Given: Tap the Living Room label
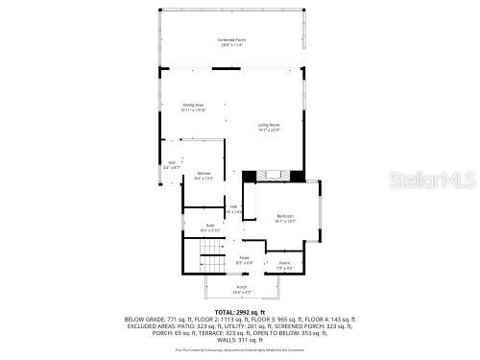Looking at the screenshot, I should click(268, 125).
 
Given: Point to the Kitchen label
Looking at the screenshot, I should click(204, 173).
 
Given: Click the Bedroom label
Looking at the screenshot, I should click(285, 216).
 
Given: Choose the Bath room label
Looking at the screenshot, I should click(210, 226).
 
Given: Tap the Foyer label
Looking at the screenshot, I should click(244, 257).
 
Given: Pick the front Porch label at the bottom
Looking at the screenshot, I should click(241, 287).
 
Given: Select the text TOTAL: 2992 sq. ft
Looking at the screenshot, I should click(239, 312).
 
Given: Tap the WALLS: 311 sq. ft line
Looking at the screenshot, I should click(239, 339).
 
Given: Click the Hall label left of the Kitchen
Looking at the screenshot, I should click(172, 162).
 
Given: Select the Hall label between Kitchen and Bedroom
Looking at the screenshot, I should click(233, 206).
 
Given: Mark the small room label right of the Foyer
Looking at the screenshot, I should click(285, 262).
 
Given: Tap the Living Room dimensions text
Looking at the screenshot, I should click(268, 131).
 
